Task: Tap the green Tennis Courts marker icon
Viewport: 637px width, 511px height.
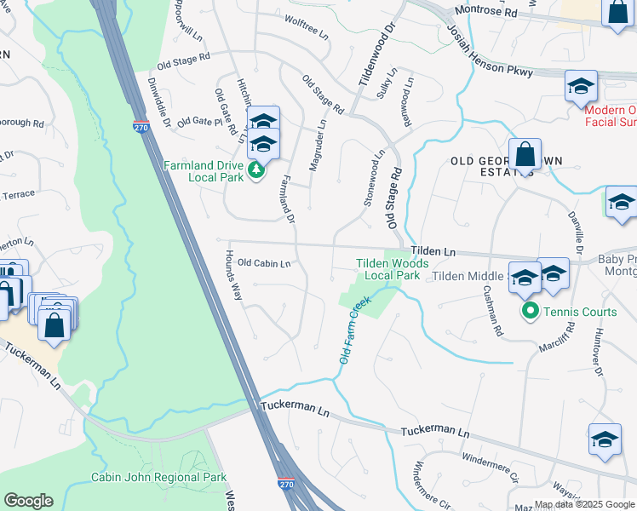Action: tap(530, 312)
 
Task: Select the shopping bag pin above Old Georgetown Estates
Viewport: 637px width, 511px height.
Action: tap(525, 156)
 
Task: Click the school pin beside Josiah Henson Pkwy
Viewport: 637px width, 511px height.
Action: tap(581, 87)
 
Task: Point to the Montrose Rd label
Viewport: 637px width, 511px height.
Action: tap(485, 13)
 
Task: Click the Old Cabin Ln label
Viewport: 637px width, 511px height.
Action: tap(264, 263)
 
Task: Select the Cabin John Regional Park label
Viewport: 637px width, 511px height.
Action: tap(158, 477)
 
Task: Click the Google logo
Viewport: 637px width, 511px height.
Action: tap(28, 501)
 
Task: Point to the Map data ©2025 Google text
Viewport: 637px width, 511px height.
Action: tap(584, 505)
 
